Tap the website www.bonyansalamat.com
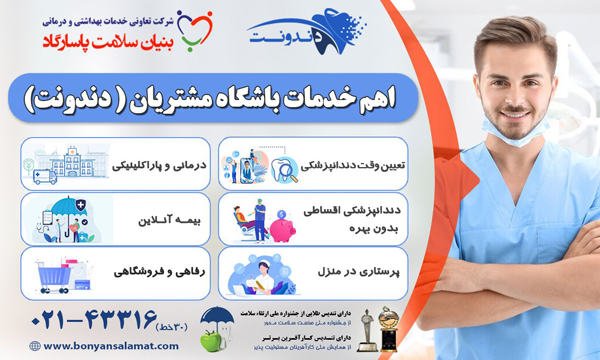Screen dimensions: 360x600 tap(75, 346)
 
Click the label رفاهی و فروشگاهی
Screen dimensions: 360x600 tap(149, 271)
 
